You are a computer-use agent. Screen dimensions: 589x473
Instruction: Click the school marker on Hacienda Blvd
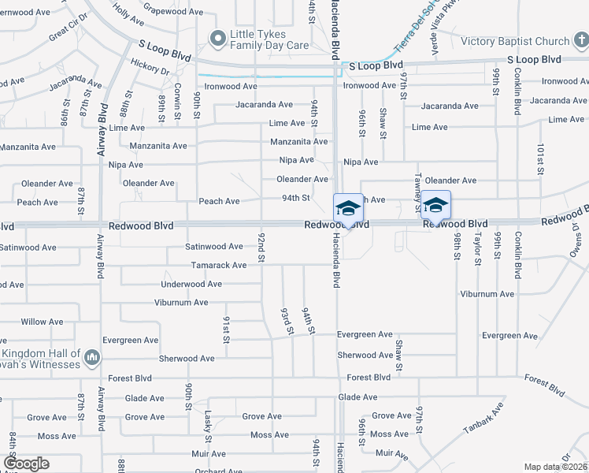click(x=348, y=208)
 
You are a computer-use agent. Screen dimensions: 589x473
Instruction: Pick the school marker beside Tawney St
click(x=435, y=205)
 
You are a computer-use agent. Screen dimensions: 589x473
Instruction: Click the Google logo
click(x=26, y=464)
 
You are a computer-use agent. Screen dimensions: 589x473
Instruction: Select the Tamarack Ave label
click(x=218, y=265)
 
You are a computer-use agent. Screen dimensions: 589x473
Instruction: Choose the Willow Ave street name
click(x=42, y=322)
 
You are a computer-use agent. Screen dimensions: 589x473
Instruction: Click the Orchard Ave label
click(x=214, y=471)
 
